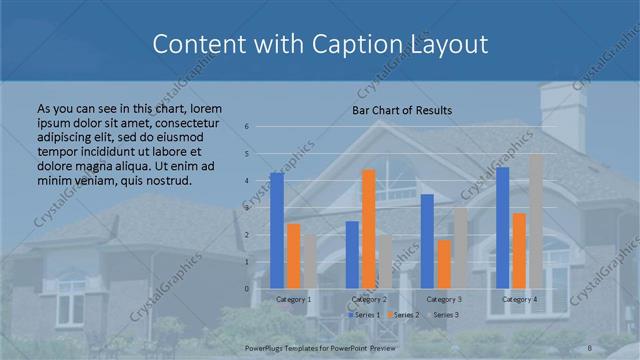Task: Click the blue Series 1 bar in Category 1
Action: pos(277,230)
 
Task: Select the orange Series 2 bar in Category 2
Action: pos(368,228)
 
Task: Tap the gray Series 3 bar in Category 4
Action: pos(536,221)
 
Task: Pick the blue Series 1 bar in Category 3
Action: pos(427,241)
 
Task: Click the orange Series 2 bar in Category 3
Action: pos(444,264)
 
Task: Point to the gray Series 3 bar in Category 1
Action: pos(310,262)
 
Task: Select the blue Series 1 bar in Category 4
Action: pos(503,227)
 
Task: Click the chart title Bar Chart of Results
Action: pos(402,110)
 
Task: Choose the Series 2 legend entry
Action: pos(403,315)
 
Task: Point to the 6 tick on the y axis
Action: pos(246,127)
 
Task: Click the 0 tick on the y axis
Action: pos(246,288)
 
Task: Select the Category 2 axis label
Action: pos(369,299)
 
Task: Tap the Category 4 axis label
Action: pos(520,299)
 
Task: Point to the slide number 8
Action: pos(590,347)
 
